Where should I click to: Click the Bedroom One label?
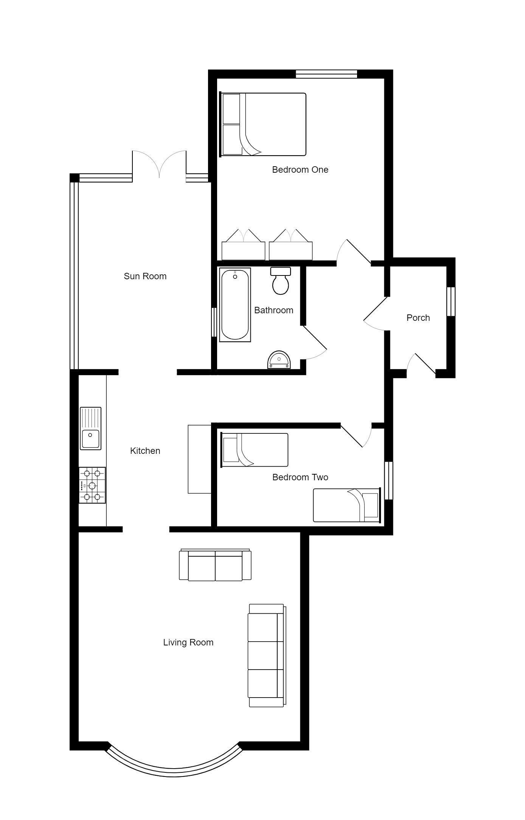[x=300, y=170]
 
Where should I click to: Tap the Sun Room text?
[x=145, y=276]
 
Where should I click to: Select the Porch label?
[x=418, y=318]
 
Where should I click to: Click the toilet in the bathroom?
[x=280, y=282]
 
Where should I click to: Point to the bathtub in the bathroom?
[x=235, y=305]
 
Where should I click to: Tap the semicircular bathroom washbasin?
[x=279, y=360]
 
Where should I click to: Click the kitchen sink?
[x=90, y=429]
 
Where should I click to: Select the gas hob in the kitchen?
[x=92, y=485]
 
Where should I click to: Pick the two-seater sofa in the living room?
[x=215, y=565]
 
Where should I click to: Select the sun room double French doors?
[x=159, y=166]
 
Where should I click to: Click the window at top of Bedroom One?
[x=326, y=74]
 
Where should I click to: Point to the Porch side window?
[x=451, y=302]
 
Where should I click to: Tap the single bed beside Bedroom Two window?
[x=346, y=505]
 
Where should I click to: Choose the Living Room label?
[x=188, y=642]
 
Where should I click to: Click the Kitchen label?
[x=145, y=451]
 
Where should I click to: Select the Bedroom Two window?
[x=388, y=480]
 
